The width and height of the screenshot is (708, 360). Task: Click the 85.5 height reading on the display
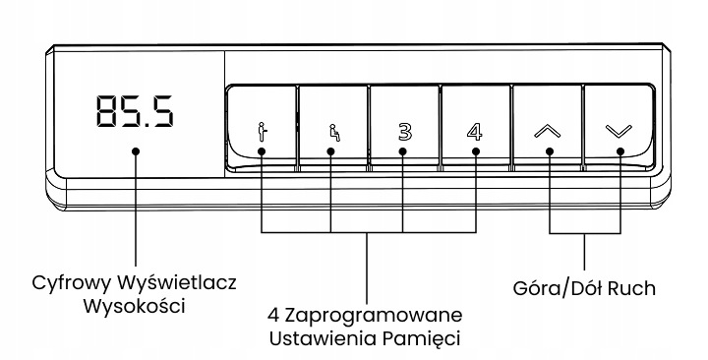click(135, 111)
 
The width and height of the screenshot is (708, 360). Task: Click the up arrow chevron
click(548, 132)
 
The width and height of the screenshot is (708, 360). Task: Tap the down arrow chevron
click(619, 131)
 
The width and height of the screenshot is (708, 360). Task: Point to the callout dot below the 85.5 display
click(136, 151)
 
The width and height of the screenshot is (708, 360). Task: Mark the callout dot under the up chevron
click(550, 151)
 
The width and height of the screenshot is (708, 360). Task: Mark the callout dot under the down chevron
click(620, 151)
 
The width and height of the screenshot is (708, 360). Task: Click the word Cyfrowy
click(72, 284)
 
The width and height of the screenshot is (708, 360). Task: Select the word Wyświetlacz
click(177, 283)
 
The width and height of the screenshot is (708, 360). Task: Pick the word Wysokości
click(135, 306)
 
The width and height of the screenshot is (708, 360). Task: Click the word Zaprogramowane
click(374, 316)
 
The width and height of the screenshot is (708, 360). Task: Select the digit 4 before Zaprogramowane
click(273, 315)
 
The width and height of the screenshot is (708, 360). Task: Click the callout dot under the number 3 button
click(403, 151)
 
